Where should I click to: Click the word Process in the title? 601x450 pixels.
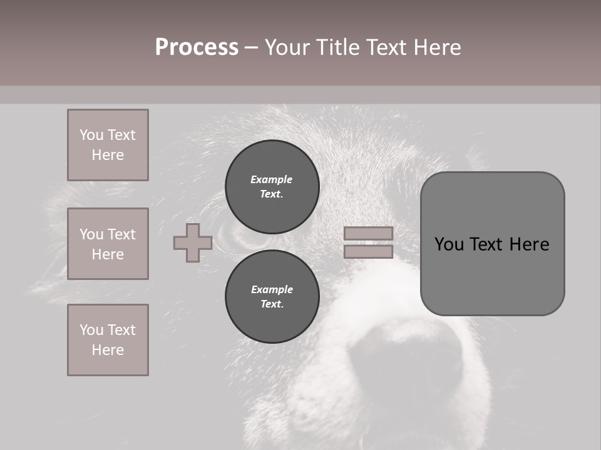tap(197, 47)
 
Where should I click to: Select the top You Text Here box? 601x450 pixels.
tap(108, 145)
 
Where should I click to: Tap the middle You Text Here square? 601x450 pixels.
tap(108, 244)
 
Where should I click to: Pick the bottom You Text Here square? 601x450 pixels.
tap(108, 340)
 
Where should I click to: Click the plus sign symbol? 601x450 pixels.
tap(193, 242)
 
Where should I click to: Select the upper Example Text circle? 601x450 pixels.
tap(272, 186)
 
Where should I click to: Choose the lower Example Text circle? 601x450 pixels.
tap(272, 296)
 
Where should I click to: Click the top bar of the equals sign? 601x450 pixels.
tap(368, 233)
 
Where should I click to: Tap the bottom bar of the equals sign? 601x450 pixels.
tap(368, 251)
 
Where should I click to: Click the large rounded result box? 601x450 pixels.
tap(492, 244)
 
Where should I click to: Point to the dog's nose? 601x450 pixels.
tap(407, 362)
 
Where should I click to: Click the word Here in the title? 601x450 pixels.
tap(438, 47)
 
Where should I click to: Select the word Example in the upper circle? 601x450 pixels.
tap(272, 179)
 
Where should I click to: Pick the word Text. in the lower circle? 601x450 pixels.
tap(272, 304)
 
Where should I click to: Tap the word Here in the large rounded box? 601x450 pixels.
tap(529, 244)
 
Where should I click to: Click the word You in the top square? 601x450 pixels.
tap(91, 135)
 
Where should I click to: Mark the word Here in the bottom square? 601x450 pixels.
tap(108, 350)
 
